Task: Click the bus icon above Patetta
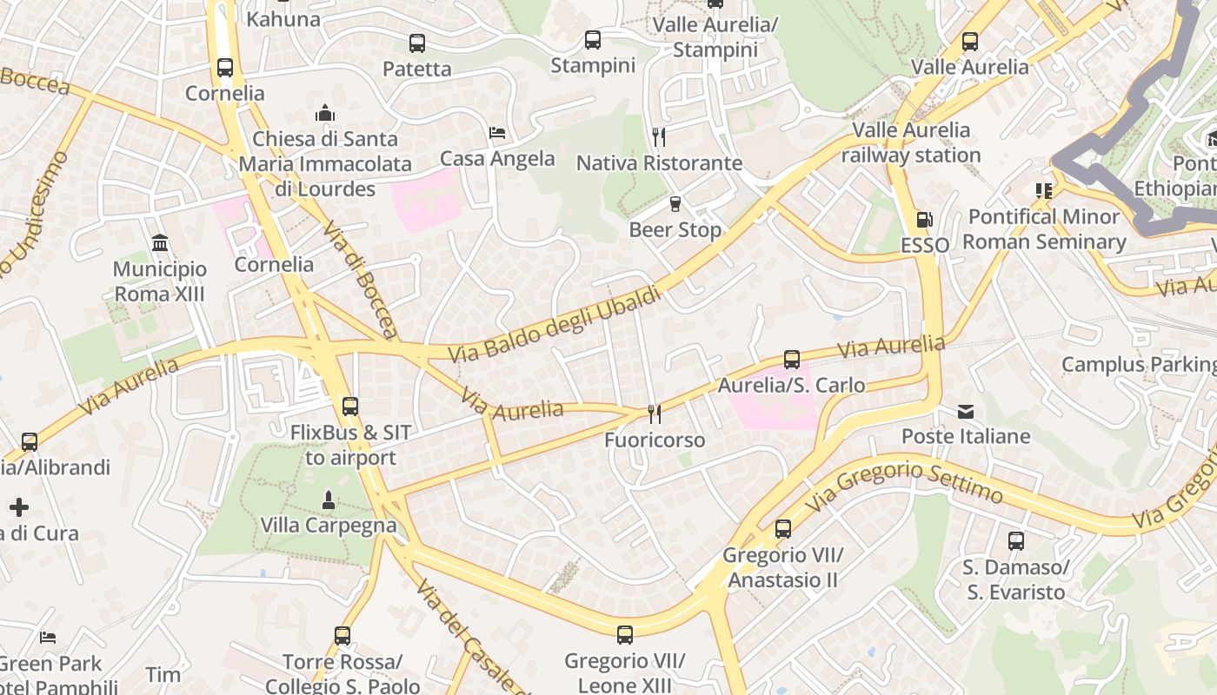click(416, 43)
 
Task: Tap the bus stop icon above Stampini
click(593, 39)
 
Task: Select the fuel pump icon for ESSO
click(925, 220)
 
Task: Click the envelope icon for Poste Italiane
click(966, 411)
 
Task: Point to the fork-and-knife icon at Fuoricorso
click(655, 414)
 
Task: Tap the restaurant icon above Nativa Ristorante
click(659, 136)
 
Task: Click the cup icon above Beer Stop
click(675, 204)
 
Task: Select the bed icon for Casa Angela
click(497, 133)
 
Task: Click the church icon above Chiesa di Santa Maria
click(325, 113)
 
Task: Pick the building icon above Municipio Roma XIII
click(160, 242)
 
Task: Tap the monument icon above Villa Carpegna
click(329, 500)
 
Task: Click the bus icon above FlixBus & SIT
click(350, 406)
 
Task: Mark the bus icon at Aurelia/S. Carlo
click(791, 359)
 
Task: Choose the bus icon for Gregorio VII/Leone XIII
click(624, 635)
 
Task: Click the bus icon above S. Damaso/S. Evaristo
click(1015, 541)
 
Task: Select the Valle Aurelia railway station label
click(910, 142)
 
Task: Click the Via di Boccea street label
click(359, 278)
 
